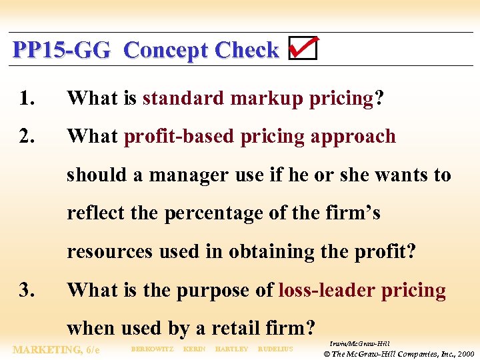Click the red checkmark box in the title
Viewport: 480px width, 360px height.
(x=303, y=49)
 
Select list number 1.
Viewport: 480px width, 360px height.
(x=27, y=99)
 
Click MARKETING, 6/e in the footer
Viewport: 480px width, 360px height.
(x=57, y=349)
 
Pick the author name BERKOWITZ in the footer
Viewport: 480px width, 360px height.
(x=152, y=349)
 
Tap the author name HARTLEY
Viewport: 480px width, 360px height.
(x=231, y=349)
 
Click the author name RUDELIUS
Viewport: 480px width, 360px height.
(x=275, y=349)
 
